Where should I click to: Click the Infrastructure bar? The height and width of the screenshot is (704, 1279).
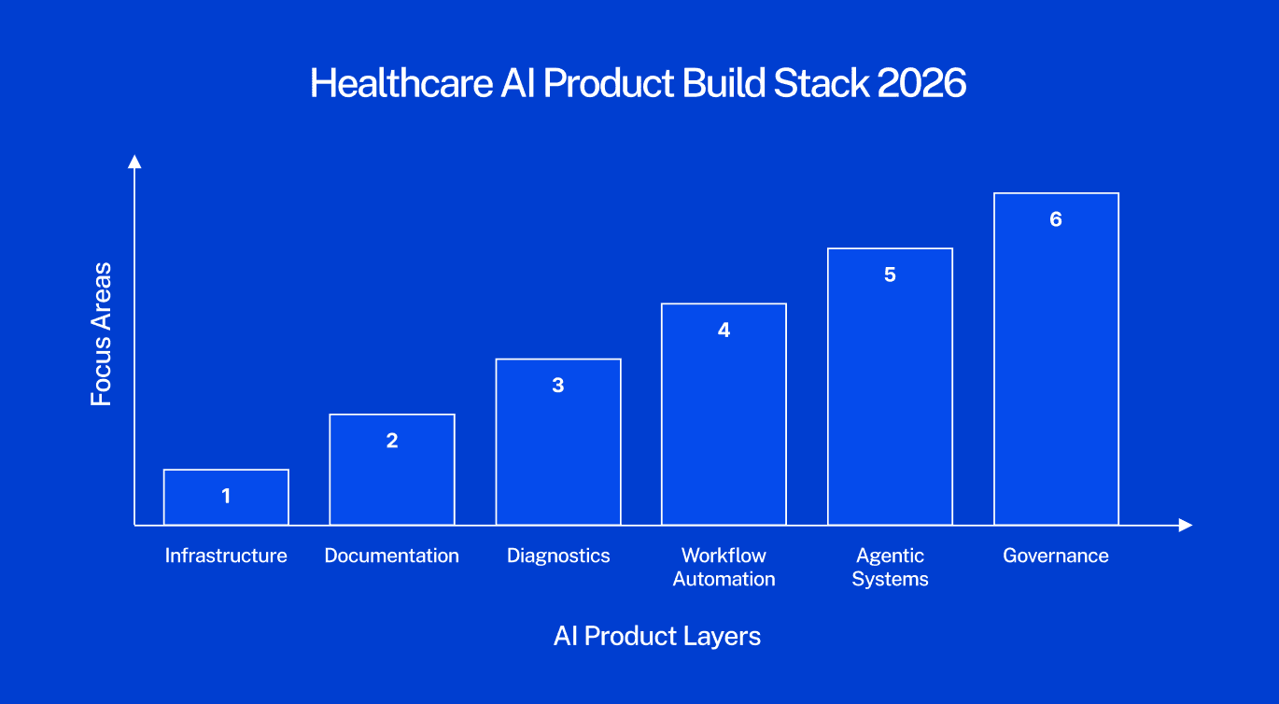(226, 497)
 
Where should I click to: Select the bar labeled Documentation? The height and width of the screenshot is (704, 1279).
(392, 470)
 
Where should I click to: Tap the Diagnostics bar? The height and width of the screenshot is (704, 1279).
(558, 442)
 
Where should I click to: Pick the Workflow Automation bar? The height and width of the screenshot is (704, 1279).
(724, 414)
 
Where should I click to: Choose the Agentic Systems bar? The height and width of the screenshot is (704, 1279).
(890, 387)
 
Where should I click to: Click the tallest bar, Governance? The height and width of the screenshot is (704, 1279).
(1056, 359)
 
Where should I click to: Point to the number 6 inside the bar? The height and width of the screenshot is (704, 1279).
(1056, 219)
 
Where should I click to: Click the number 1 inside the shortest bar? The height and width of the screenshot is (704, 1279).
(226, 496)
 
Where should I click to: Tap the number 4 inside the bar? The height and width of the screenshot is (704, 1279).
(724, 330)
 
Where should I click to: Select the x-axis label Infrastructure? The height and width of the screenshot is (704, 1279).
(226, 556)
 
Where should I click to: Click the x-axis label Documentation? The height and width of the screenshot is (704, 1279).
(392, 556)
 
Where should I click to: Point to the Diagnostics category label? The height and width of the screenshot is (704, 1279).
(558, 556)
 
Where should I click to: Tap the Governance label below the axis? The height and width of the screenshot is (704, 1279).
(1056, 556)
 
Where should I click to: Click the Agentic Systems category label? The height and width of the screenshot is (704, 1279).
(890, 567)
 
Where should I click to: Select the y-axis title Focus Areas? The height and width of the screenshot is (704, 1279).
(101, 334)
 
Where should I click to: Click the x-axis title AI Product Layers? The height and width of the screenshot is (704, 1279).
(657, 636)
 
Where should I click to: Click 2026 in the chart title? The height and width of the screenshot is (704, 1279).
(921, 83)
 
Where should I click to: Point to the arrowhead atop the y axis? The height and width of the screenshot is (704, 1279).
(134, 162)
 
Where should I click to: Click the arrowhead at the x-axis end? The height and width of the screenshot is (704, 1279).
(1186, 526)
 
